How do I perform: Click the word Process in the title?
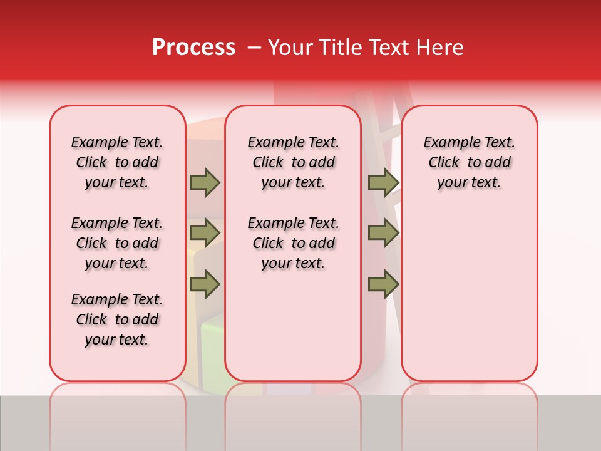193,48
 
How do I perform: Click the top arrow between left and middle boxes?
205,182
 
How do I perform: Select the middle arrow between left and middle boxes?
205,233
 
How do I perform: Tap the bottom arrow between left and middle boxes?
205,284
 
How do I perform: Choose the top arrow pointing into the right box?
383,182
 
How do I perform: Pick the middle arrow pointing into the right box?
383,233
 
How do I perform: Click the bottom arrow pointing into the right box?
383,284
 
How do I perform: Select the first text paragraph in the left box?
117,162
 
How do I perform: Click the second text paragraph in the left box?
117,243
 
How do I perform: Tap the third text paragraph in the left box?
117,319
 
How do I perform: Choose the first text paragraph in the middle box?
293,162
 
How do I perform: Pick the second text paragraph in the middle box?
293,243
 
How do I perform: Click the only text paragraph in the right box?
470,162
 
